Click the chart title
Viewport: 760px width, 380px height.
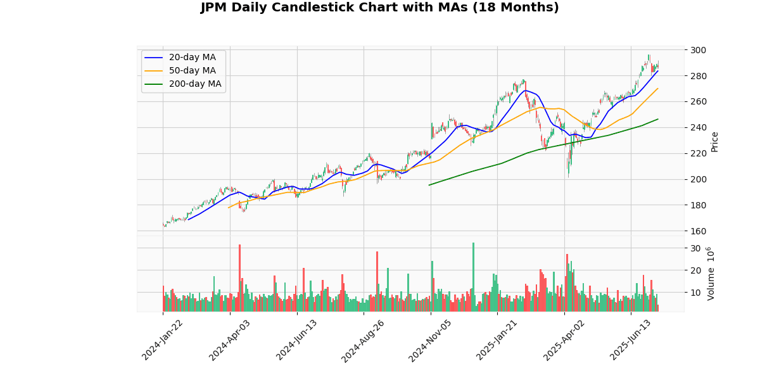point(380,8)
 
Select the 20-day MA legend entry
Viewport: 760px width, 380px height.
point(192,58)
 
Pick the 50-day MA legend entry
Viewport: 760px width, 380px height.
point(192,70)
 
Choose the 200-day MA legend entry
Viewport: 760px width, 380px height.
point(194,84)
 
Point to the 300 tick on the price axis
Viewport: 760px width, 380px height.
point(698,50)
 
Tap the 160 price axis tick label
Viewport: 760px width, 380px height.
point(698,231)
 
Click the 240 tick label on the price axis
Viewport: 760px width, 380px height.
point(698,127)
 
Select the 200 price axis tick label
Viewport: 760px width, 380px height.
point(698,179)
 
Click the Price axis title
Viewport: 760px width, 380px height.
point(714,141)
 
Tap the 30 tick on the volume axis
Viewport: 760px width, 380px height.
point(695,248)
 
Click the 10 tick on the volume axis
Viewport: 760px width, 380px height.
point(695,293)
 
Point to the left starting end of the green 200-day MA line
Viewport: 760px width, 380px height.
point(429,185)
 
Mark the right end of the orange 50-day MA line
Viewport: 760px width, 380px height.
point(658,88)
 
